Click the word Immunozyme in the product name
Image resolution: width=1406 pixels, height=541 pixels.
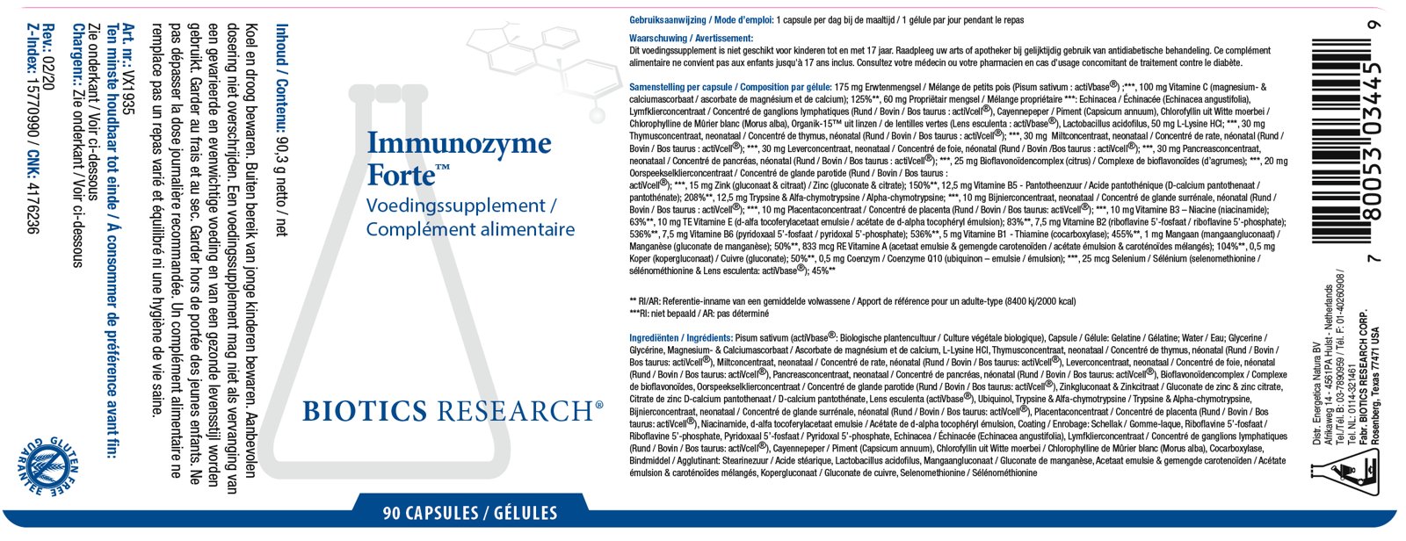(459, 143)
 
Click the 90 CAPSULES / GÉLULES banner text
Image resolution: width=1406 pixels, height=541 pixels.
(470, 513)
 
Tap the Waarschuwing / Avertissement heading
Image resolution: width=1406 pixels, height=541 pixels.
(691, 39)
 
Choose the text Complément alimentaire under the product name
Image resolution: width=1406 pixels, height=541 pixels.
(470, 230)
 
